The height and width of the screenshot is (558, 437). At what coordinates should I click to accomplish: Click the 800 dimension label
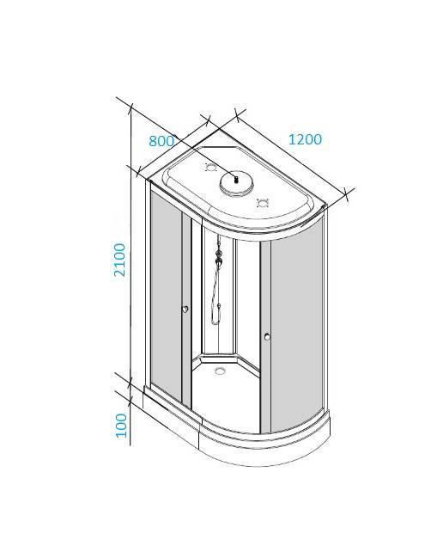(x=161, y=141)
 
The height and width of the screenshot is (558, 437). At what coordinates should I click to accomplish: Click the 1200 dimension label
(x=305, y=139)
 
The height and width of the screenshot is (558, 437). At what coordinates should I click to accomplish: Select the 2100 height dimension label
(x=119, y=260)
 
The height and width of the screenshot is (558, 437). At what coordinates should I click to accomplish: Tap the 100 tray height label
(x=121, y=426)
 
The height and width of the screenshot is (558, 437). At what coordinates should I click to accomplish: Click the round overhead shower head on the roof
(x=236, y=182)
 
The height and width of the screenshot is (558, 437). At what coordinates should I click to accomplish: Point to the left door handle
(x=185, y=309)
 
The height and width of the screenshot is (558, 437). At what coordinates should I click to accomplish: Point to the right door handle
(x=267, y=336)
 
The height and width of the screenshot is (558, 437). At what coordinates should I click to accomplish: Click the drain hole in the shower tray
(x=221, y=371)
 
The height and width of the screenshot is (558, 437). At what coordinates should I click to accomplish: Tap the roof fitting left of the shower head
(x=210, y=167)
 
